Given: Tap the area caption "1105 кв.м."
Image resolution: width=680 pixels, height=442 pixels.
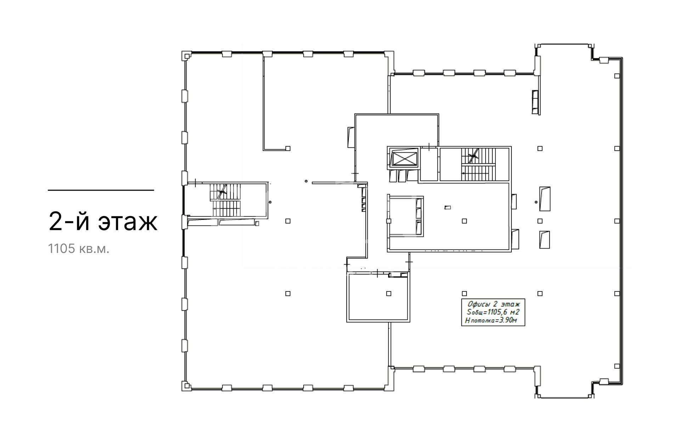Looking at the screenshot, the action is (x=79, y=249).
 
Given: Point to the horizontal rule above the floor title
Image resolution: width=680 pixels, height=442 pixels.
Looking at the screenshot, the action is (x=101, y=190).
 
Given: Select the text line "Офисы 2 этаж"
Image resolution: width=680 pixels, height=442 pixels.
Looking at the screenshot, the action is (x=493, y=304).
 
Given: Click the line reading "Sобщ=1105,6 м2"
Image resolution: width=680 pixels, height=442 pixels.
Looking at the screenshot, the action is (x=493, y=312).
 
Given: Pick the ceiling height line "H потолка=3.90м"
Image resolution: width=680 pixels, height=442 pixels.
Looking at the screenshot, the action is (x=491, y=321).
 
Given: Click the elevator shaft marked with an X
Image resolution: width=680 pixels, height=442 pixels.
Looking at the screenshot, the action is (x=404, y=158).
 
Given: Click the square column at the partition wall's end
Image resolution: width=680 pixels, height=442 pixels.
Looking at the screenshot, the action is (x=288, y=148).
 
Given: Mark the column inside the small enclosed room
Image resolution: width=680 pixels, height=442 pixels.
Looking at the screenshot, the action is (x=389, y=294).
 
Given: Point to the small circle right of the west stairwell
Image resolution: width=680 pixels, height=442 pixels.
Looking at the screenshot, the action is (x=270, y=202).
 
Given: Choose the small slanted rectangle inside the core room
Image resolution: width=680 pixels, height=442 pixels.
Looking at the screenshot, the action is (x=448, y=208).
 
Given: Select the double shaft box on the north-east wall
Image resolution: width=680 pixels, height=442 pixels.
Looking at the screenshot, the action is (x=535, y=102).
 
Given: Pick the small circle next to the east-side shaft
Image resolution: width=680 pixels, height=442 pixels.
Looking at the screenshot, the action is (x=537, y=202).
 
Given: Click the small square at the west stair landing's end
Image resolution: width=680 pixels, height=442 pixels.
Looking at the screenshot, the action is (x=257, y=223).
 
